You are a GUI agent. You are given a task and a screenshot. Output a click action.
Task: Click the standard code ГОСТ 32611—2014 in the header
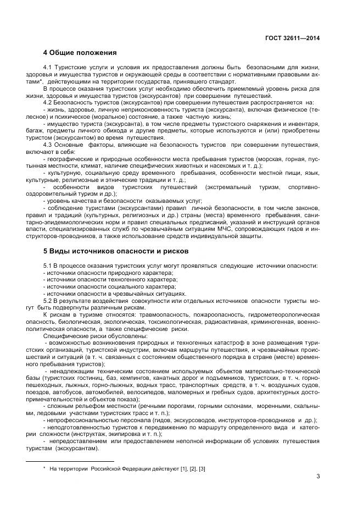click(x=293, y=38)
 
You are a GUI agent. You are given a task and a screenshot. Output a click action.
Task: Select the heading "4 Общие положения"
click(x=80, y=53)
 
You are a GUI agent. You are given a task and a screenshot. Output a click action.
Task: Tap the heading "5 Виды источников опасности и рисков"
click(x=115, y=251)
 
